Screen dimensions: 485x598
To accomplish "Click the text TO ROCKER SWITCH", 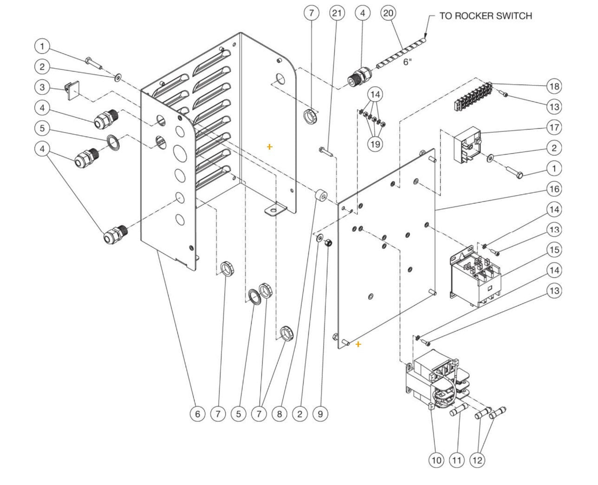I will click(x=485, y=16).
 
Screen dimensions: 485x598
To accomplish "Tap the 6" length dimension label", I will click(x=407, y=62).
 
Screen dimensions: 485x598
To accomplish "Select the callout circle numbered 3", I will click(x=42, y=87).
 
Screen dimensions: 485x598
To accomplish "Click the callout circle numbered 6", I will click(x=197, y=413).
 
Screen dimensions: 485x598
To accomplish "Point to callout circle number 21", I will click(x=337, y=13).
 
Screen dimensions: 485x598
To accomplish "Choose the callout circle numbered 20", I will click(x=388, y=13).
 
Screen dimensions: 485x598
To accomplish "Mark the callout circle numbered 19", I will click(x=375, y=144).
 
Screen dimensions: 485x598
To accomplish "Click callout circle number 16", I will click(x=554, y=189).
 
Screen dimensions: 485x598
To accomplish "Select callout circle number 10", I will click(x=436, y=460).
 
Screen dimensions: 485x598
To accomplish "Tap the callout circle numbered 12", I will click(x=477, y=460).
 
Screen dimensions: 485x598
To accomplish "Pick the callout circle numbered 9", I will click(x=320, y=413).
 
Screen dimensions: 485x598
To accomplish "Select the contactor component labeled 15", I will click(x=474, y=279).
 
